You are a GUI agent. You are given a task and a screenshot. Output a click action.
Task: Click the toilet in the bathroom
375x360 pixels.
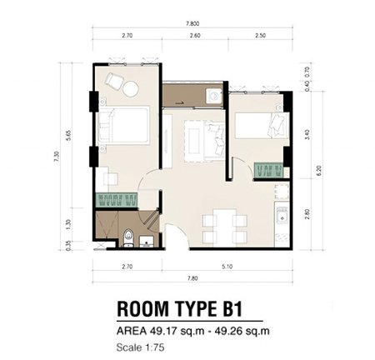click(128, 237)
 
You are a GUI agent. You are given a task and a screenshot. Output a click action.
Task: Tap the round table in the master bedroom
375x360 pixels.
click(131, 89)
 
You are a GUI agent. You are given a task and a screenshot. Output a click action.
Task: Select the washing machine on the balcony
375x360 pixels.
click(214, 96)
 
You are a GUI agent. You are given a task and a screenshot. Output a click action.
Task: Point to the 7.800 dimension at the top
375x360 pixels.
click(192, 24)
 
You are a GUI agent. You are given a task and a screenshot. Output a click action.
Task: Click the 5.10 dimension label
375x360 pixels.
click(227, 267)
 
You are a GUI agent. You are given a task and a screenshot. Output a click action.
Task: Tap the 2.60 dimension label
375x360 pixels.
click(195, 36)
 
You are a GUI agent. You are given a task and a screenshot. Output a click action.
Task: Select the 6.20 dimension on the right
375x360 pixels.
click(319, 170)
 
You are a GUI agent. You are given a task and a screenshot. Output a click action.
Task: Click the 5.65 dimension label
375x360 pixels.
click(69, 135)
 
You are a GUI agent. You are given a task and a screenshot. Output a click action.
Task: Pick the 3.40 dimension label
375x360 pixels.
click(307, 135)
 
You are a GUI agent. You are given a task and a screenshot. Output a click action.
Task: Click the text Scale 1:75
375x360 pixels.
click(140, 347)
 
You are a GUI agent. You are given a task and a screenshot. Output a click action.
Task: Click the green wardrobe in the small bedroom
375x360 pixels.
click(268, 170)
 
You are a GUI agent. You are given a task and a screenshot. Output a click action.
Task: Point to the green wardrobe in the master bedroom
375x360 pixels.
click(117, 199)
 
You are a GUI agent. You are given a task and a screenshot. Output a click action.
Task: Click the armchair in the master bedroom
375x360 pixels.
click(114, 81)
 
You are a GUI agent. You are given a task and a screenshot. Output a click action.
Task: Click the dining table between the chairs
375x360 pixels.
click(224, 227)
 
